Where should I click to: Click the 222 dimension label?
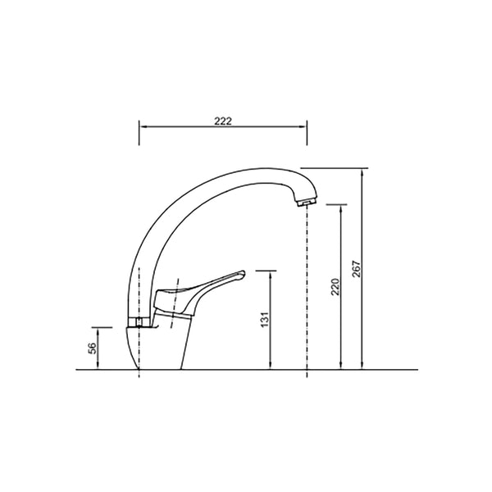(223, 121)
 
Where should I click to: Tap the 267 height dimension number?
(357, 269)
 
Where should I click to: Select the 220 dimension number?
(335, 287)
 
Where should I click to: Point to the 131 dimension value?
(265, 320)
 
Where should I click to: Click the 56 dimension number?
(92, 348)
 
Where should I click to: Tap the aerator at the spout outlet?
(307, 203)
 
